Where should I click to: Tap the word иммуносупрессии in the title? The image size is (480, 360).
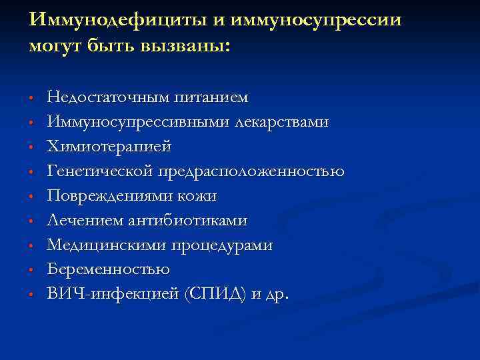coord(313,19)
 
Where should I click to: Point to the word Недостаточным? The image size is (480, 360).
coord(108,98)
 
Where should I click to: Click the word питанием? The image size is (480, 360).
coord(211,98)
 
